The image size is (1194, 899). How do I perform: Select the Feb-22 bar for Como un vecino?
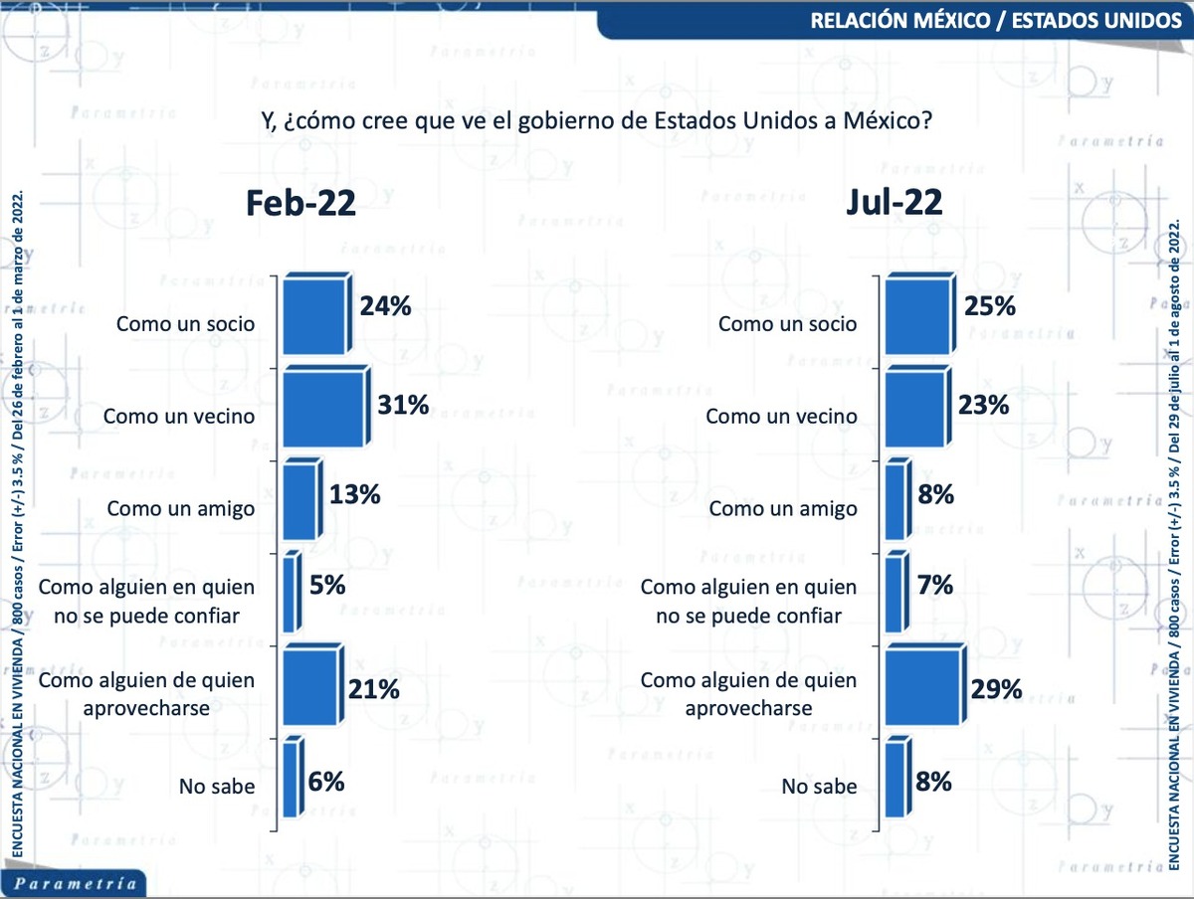pos(323,408)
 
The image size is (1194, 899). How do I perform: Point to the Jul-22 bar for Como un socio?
pos(917,316)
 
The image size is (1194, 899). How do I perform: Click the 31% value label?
pos(403,405)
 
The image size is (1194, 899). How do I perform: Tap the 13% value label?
pos(355,494)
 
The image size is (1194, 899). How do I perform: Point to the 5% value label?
pos(327,585)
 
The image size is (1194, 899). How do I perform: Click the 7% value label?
pos(935,585)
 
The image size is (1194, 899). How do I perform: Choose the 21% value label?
pos(372,688)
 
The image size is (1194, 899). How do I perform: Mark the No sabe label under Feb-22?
pos(217,787)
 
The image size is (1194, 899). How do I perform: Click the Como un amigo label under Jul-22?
pos(784,508)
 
